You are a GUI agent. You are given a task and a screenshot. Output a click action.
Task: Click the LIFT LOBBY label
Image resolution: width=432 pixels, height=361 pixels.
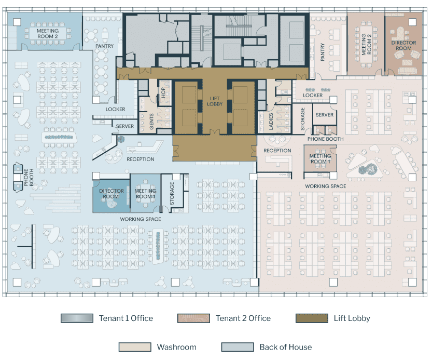(x=215, y=101)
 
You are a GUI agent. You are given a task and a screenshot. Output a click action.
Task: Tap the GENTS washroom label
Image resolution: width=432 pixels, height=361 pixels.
(x=151, y=121)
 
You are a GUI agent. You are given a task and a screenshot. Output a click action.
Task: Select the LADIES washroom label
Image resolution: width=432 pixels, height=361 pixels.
(x=271, y=121)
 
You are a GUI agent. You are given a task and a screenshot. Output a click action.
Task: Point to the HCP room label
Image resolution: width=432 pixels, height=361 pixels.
(x=163, y=93)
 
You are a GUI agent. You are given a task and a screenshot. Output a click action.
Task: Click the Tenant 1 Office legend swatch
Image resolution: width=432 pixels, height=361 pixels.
(x=77, y=318)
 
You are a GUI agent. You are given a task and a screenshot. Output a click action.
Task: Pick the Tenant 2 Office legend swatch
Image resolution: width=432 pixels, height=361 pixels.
(x=193, y=318)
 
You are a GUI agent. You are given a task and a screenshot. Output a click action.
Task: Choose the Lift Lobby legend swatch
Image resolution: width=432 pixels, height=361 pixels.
(x=312, y=318)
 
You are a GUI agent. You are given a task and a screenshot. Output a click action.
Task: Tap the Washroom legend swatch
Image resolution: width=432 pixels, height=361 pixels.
(x=135, y=347)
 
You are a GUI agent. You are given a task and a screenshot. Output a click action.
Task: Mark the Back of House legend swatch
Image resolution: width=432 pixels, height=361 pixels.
(x=238, y=347)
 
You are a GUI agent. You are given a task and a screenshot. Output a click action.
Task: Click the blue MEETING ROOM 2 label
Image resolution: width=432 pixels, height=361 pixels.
(x=48, y=33)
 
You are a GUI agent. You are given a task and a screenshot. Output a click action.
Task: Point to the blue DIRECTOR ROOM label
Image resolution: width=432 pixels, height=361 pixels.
(x=112, y=193)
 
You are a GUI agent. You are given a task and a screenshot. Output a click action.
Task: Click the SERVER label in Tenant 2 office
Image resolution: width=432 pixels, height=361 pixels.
(x=324, y=115)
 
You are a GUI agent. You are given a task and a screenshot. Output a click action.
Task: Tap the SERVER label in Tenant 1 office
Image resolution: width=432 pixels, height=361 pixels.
(x=125, y=126)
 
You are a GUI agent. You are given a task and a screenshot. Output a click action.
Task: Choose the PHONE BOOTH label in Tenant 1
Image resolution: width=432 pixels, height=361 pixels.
(x=29, y=177)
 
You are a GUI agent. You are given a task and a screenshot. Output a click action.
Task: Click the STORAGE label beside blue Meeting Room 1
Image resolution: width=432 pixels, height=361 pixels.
(x=172, y=193)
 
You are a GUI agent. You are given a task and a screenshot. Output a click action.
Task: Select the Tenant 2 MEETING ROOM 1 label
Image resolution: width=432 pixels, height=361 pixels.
(x=320, y=159)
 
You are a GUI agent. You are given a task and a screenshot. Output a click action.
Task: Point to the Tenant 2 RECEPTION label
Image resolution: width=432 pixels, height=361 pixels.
(x=277, y=151)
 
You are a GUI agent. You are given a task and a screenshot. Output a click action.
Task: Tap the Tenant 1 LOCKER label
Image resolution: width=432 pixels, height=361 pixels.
(x=116, y=109)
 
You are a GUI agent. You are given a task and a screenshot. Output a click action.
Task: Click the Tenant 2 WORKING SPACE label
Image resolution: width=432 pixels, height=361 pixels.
(x=325, y=186)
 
